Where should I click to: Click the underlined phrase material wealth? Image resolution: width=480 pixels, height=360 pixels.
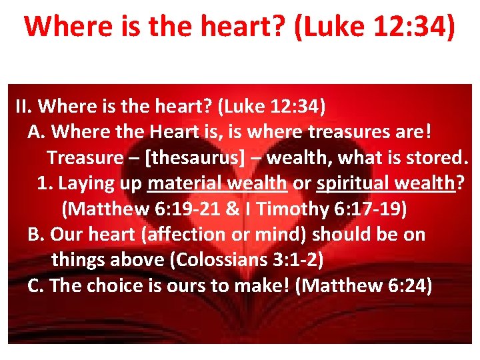pos(217,183)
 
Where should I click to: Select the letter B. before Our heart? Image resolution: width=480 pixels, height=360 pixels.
pos(36,235)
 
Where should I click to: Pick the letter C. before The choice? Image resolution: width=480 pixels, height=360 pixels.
pos(36,285)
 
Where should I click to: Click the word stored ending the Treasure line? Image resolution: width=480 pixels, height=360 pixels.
pos(439,158)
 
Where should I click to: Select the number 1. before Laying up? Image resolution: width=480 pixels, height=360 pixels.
pos(45,183)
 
